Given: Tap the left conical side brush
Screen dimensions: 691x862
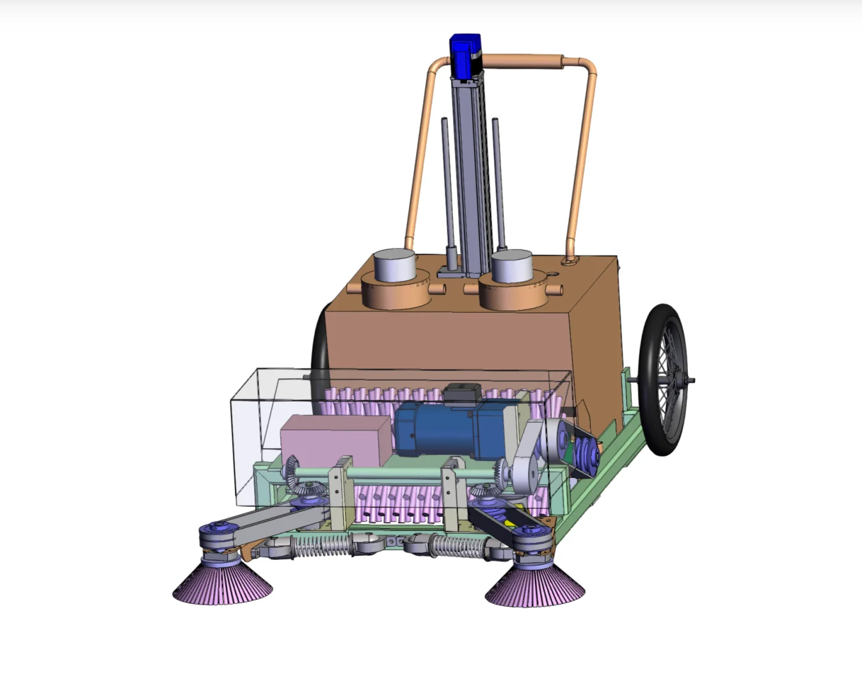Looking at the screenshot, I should [222, 584].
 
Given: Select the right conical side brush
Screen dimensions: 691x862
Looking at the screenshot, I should [534, 587].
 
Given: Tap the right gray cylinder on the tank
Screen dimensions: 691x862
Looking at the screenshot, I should [511, 266].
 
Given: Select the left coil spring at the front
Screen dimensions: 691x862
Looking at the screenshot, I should [320, 546].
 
